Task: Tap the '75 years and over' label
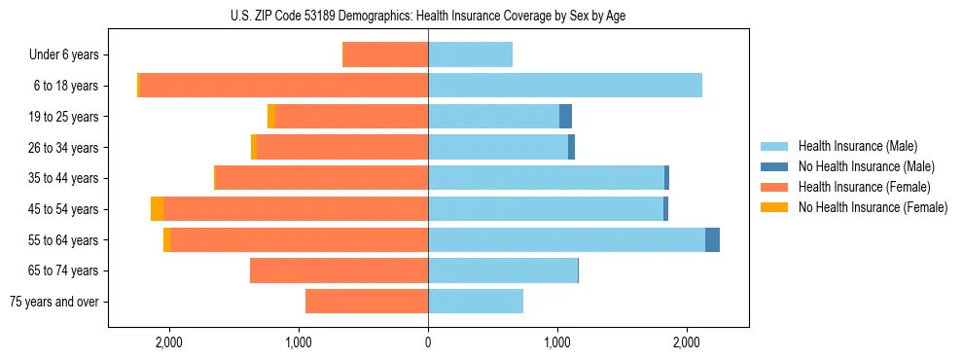point(54,302)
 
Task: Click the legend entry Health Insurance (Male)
point(857,146)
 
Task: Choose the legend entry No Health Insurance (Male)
point(866,166)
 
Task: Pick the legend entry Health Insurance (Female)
point(864,187)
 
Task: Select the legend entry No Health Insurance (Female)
point(873,207)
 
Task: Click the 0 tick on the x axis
point(428,342)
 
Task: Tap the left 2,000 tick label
point(169,342)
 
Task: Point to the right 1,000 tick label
point(557,342)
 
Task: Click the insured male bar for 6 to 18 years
point(564,86)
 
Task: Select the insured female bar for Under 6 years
point(386,54)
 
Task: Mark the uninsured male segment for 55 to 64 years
point(712,239)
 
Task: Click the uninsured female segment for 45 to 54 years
point(157,209)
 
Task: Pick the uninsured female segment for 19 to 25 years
point(271,117)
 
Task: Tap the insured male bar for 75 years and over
point(476,302)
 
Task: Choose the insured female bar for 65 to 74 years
point(339,270)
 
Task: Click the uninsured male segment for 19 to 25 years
point(565,117)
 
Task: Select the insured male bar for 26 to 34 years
point(498,147)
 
